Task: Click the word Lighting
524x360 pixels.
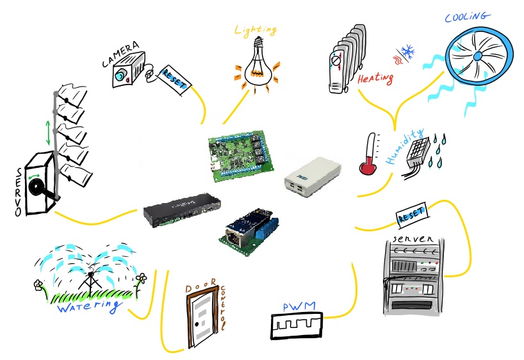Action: click(x=255, y=30)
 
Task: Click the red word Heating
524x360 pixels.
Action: click(x=375, y=79)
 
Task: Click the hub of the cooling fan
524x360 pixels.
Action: click(x=477, y=56)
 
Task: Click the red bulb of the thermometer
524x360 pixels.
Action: click(x=367, y=168)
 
